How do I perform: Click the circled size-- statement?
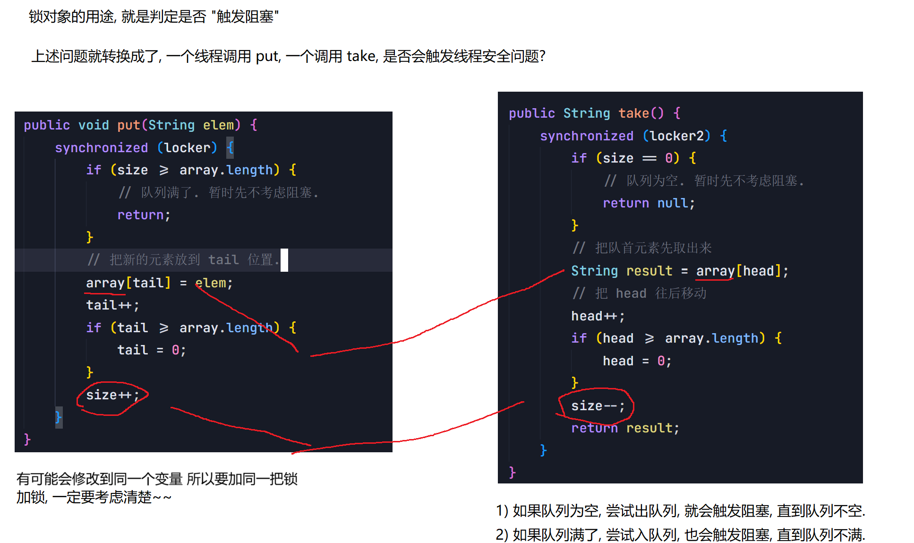click(x=598, y=406)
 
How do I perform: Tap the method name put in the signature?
click(x=128, y=125)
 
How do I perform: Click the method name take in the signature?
click(x=634, y=113)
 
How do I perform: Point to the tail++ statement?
click(x=112, y=305)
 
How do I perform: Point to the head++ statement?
click(x=598, y=316)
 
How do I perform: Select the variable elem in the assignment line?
click(x=211, y=283)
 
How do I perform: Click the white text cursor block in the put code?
click(x=284, y=260)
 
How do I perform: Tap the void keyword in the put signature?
click(x=94, y=125)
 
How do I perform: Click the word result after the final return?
click(x=649, y=428)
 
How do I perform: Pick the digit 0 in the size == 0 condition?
click(x=669, y=158)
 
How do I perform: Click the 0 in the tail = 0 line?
click(x=175, y=350)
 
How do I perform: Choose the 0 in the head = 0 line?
click(x=661, y=361)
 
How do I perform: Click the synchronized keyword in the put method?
click(x=101, y=148)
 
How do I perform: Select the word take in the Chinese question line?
click(x=361, y=56)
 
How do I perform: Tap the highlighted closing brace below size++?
click(x=59, y=417)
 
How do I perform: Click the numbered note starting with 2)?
click(x=680, y=535)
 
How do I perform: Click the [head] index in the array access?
click(x=758, y=271)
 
